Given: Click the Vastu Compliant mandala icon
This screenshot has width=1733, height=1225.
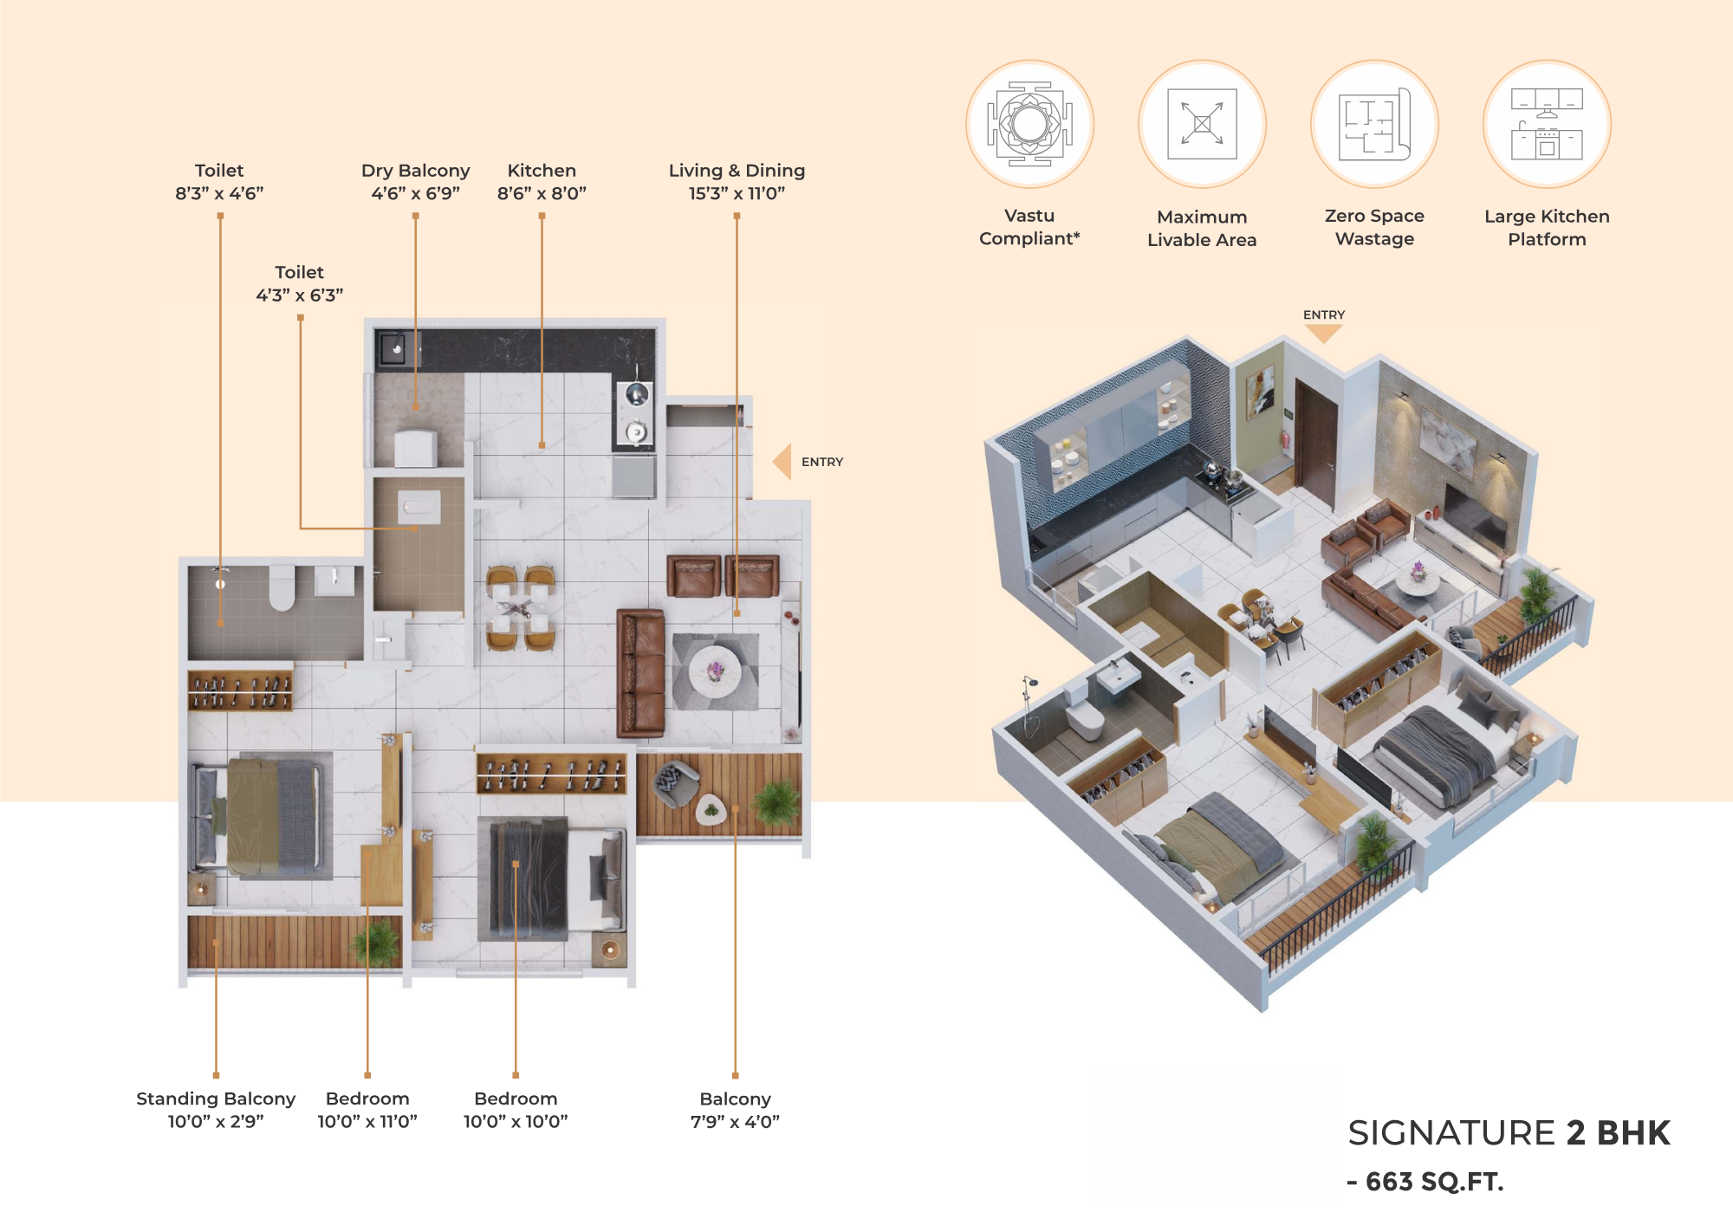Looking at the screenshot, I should (x=1029, y=124).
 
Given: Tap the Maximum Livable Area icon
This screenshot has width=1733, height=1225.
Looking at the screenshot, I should (x=1202, y=124).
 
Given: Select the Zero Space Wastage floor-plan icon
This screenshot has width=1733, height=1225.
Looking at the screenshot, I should (x=1374, y=124).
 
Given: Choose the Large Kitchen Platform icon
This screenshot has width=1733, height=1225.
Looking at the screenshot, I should (x=1547, y=124).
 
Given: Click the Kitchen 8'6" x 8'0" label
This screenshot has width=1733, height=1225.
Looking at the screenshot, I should (x=542, y=182).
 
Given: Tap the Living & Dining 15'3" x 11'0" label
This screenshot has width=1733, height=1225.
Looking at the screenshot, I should (x=737, y=182).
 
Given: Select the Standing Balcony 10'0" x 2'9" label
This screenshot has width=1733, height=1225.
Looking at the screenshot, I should (x=216, y=1110).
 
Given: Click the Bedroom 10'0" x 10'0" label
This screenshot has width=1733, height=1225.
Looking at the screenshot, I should (x=516, y=1110).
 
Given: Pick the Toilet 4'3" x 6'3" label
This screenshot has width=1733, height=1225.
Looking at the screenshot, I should (x=299, y=283).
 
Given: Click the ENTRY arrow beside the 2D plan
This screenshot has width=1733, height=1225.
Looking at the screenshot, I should (x=782, y=462).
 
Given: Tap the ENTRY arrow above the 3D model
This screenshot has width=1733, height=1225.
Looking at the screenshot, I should (x=1323, y=334).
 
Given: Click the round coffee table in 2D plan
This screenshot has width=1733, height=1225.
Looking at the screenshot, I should (x=715, y=671).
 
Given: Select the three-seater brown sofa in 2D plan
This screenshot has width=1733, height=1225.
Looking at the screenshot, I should (x=640, y=672).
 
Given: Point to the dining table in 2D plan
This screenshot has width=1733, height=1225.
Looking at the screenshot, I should (x=520, y=608).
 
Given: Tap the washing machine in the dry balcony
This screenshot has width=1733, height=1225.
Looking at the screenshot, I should (x=416, y=449).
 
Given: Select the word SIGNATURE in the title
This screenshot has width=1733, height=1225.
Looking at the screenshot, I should (x=1451, y=1133).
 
